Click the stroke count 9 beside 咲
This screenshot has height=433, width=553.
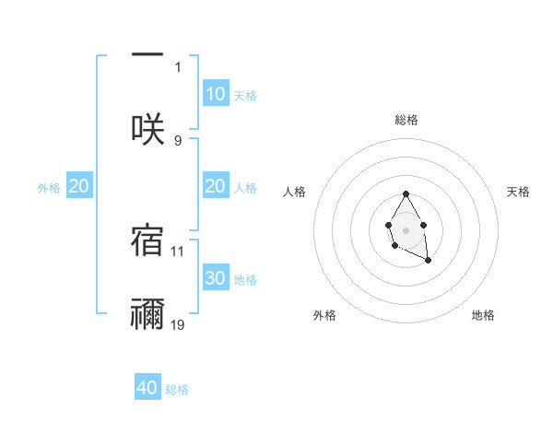pos(178,140)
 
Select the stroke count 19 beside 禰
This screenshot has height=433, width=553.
pos(178,324)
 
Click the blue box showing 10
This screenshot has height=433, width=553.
pos(215,93)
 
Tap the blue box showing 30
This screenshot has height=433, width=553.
pos(215,278)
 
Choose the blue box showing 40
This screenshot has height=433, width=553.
pos(147,388)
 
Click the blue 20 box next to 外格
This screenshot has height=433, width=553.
pos(78,186)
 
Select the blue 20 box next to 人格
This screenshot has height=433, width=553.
pos(215,186)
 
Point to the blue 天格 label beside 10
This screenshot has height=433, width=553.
pos(244,95)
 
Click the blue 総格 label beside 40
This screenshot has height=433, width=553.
pos(177,390)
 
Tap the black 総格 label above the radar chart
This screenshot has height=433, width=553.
pos(406,120)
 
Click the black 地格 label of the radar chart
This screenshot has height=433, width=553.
pos(483,315)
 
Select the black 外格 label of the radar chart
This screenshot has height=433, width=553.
pos(324,315)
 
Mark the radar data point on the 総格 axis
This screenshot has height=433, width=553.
pos(406,193)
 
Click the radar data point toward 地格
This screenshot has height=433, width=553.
pos(428,261)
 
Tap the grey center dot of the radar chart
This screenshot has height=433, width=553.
pos(406,228)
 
